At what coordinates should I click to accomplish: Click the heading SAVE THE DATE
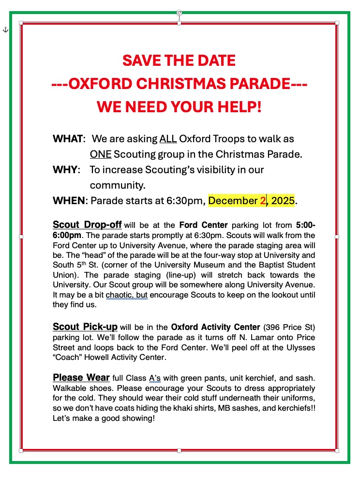[179, 60]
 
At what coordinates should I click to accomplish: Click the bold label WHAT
[68, 139]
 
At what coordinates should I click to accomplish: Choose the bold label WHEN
[69, 200]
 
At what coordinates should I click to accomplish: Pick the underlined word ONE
[101, 154]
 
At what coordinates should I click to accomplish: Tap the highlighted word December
[233, 200]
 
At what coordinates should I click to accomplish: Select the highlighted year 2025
[283, 200]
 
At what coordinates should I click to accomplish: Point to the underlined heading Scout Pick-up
[85, 327]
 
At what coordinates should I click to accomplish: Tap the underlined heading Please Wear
[81, 377]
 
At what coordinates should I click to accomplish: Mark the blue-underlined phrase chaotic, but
[127, 295]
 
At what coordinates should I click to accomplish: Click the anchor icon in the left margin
[5, 30]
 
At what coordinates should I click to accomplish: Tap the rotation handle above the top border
[179, 13]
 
